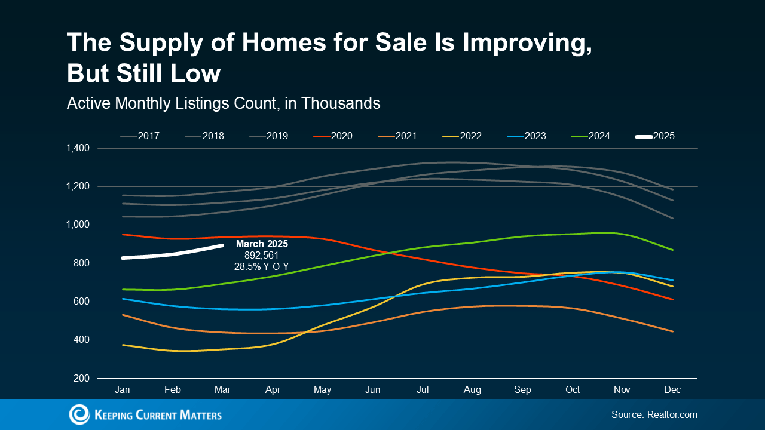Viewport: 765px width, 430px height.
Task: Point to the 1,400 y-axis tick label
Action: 78,148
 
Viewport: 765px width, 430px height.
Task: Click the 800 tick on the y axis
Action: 82,263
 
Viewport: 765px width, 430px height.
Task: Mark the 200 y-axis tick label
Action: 82,379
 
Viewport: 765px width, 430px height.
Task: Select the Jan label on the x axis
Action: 123,390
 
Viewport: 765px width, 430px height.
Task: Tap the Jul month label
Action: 423,390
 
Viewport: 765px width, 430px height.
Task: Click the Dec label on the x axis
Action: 673,390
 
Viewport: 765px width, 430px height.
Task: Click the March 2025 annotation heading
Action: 262,244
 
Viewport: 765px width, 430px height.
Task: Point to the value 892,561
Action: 262,256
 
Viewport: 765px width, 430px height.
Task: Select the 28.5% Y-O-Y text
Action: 261,267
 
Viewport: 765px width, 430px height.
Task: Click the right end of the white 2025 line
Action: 222,245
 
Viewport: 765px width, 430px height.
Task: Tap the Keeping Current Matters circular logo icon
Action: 79,414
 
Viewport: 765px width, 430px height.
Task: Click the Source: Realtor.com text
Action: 654,414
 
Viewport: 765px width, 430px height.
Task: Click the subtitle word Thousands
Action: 341,103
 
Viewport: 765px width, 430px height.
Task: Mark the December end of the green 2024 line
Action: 673,250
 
